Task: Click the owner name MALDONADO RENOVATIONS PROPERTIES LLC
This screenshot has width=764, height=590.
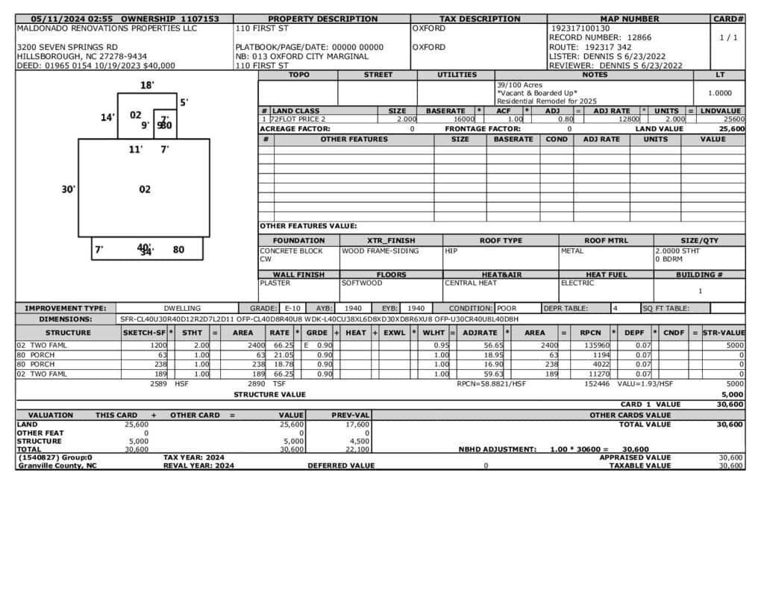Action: point(107,28)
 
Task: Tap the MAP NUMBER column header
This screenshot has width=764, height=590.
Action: point(629,19)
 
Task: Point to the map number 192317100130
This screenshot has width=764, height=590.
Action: point(580,28)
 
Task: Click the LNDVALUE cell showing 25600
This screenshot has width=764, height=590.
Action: point(733,119)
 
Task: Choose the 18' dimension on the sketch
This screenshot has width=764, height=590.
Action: point(147,86)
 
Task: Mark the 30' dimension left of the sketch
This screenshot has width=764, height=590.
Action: point(68,189)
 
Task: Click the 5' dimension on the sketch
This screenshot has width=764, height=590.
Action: point(184,102)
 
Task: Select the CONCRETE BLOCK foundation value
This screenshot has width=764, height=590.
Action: point(292,251)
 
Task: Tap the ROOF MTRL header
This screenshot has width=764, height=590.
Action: point(606,241)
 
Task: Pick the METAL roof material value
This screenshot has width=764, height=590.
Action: point(572,251)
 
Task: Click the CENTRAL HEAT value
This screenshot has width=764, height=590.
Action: point(471,283)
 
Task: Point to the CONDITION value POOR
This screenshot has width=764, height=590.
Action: point(507,308)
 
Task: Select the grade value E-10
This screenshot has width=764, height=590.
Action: point(292,308)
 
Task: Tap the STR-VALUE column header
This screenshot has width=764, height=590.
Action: point(724,333)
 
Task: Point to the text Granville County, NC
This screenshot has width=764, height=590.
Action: point(57,465)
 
